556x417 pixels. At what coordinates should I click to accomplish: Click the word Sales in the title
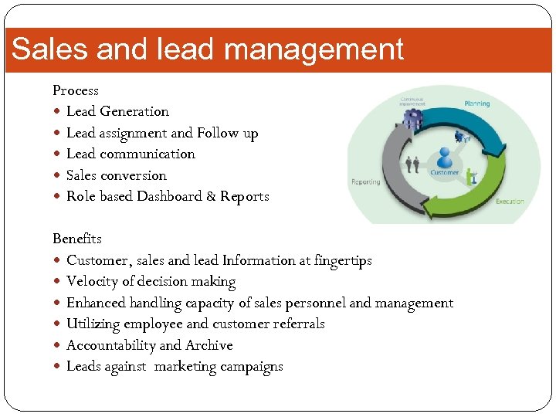pyautogui.click(x=46, y=49)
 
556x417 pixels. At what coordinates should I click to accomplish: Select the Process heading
pyautogui.click(x=75, y=90)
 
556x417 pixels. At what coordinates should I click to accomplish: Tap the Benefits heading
pyautogui.click(x=76, y=239)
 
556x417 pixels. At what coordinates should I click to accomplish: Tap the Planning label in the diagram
pyautogui.click(x=476, y=103)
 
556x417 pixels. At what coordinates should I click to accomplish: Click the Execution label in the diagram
pyautogui.click(x=509, y=202)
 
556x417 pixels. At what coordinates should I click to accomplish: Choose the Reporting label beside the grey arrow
pyautogui.click(x=365, y=182)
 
